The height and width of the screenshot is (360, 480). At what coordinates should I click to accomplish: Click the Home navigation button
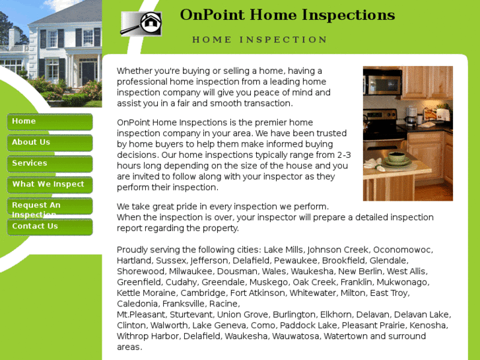point(50,122)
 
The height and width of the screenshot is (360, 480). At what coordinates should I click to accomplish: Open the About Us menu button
point(50,143)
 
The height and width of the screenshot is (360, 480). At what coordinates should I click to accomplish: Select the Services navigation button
point(50,164)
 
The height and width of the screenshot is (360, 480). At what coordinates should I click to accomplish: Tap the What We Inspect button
point(50,185)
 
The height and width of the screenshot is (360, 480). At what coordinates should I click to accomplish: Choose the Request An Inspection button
point(50,206)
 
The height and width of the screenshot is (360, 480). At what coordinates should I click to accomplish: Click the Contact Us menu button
point(50,227)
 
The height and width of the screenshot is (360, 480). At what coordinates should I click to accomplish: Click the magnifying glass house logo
point(141,23)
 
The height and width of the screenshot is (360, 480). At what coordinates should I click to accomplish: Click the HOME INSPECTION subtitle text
point(259,40)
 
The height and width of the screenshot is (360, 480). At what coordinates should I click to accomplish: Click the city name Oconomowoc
point(403,250)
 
